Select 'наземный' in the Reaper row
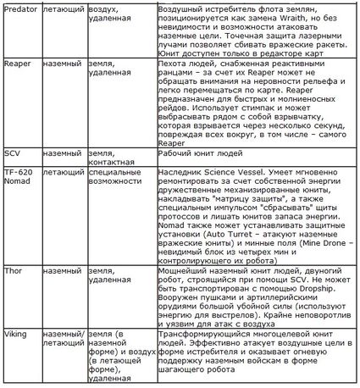click(61, 64)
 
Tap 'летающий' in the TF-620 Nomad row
click(61, 172)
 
